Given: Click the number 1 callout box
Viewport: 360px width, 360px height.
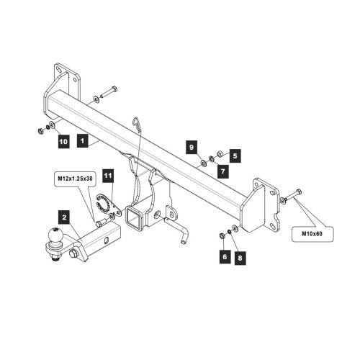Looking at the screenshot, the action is point(83,140).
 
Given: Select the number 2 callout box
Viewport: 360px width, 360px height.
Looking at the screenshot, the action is point(64,217).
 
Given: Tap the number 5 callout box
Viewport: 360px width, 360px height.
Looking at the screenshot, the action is point(235,156).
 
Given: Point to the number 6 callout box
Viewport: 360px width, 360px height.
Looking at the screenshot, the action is point(225,257).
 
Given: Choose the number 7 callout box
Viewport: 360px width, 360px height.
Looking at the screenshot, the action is point(223,171).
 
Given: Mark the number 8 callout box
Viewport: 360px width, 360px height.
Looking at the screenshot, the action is point(240,258).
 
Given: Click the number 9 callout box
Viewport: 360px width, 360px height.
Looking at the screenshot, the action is point(192,147).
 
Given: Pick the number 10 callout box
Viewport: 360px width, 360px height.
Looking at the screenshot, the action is point(63,141).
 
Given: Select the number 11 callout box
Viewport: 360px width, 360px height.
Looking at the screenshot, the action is point(108,176).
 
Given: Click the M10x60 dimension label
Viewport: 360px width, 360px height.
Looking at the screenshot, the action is point(312,234).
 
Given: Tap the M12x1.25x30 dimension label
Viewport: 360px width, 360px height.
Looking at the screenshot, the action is point(76,179).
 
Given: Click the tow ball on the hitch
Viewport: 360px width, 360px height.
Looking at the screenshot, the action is point(55,235).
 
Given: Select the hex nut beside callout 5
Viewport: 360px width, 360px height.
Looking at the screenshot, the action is point(220,153).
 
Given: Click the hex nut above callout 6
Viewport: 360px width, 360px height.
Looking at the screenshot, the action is point(222,236).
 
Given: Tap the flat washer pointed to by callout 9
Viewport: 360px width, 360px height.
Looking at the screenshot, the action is point(204,163).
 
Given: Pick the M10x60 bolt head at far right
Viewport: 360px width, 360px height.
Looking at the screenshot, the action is point(299,192).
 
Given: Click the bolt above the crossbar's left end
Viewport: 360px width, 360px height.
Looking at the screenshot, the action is point(108,93).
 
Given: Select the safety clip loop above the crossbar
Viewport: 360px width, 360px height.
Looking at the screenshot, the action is point(136,124).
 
